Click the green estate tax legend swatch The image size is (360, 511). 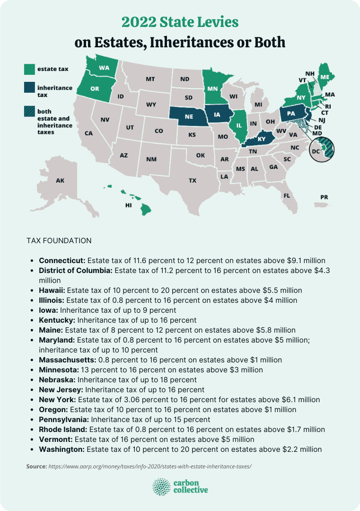pyautogui.click(x=29, y=69)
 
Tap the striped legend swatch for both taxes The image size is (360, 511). pyautogui.click(x=29, y=112)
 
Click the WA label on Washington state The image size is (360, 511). pyautogui.click(x=104, y=68)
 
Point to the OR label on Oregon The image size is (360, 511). pyautogui.click(x=95, y=88)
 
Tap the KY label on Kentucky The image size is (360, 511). pyautogui.click(x=262, y=139)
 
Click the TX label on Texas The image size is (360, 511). pyautogui.click(x=193, y=180)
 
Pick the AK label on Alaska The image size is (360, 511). pyautogui.click(x=60, y=180)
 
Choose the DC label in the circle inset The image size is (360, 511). pyautogui.click(x=316, y=151)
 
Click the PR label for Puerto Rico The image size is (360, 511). pyautogui.click(x=324, y=197)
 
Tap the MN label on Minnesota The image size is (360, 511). pyautogui.click(x=212, y=88)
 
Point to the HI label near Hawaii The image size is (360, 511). pyautogui.click(x=128, y=205)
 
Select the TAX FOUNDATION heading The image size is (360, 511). pyautogui.click(x=59, y=241)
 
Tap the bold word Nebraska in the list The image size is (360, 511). pyautogui.click(x=57, y=380)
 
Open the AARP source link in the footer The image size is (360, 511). pyautogui.click(x=150, y=466)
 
